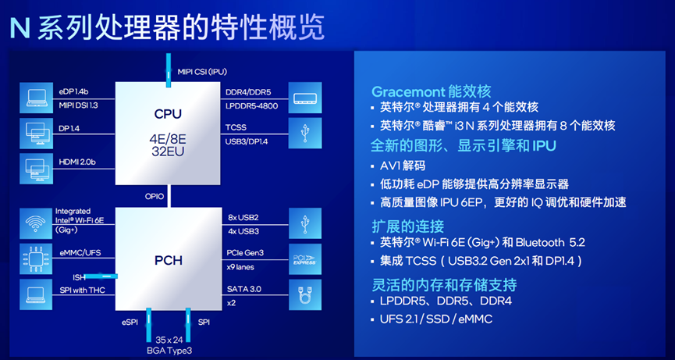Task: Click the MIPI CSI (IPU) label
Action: (x=201, y=72)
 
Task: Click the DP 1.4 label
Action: (x=71, y=127)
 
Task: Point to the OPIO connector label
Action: (x=154, y=196)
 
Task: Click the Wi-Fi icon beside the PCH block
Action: (x=35, y=222)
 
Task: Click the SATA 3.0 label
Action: (x=243, y=288)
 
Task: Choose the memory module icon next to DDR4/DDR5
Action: (x=304, y=98)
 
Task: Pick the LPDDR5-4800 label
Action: (x=252, y=105)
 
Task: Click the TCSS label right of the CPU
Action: (x=236, y=127)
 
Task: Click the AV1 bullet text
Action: (x=403, y=166)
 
